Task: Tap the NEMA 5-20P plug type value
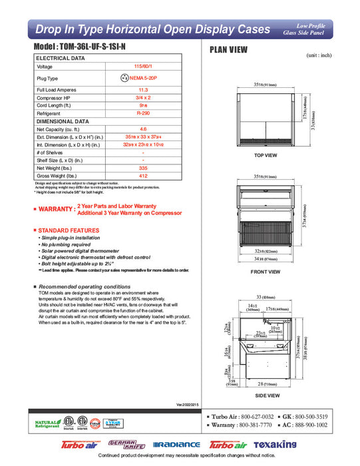point(146,78)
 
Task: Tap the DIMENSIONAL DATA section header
point(63,122)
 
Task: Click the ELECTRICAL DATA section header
point(61,59)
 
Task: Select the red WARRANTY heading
point(56,210)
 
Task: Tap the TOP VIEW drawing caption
point(266,155)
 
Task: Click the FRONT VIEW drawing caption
point(266,272)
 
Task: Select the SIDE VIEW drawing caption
point(266,394)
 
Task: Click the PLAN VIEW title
point(230,49)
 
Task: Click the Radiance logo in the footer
point(176,445)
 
